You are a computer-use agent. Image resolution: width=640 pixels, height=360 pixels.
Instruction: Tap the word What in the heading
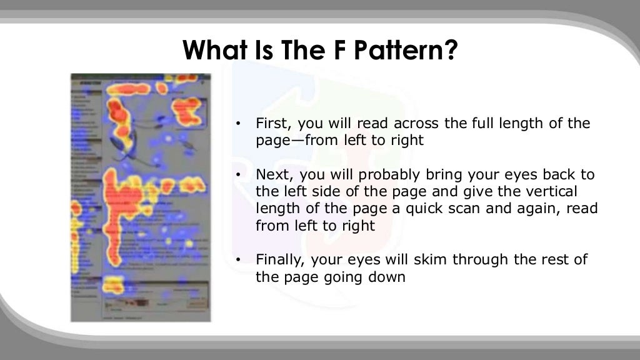click(216, 51)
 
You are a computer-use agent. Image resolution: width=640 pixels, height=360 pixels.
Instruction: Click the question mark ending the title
click(451, 51)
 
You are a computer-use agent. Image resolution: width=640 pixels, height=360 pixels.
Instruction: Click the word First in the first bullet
click(272, 124)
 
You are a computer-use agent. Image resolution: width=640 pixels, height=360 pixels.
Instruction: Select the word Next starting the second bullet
click(271, 174)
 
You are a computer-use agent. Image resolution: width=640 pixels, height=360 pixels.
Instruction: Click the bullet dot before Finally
click(238, 260)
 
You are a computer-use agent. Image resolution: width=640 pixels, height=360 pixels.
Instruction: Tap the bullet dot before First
click(238, 124)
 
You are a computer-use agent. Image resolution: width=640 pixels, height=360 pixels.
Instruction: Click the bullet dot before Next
click(238, 174)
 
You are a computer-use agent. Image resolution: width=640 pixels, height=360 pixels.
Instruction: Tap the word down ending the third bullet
click(387, 277)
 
